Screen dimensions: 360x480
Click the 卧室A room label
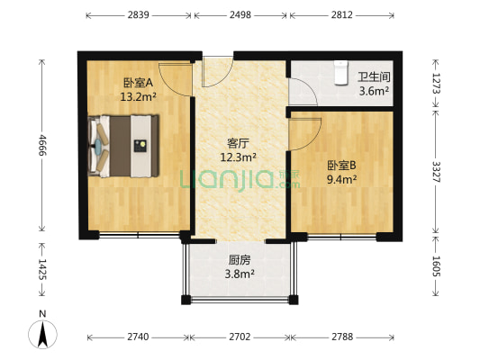[139, 82]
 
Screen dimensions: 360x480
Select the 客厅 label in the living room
[238, 142]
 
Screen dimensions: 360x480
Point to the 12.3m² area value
[239, 156]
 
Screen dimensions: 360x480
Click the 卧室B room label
[341, 166]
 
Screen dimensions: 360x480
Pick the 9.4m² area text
[342, 179]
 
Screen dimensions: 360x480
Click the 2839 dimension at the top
[139, 15]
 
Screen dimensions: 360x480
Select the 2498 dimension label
[240, 15]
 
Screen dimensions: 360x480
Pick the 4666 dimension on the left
[41, 145]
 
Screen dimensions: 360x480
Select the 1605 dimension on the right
[438, 267]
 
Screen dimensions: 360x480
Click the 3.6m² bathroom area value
[374, 91]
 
